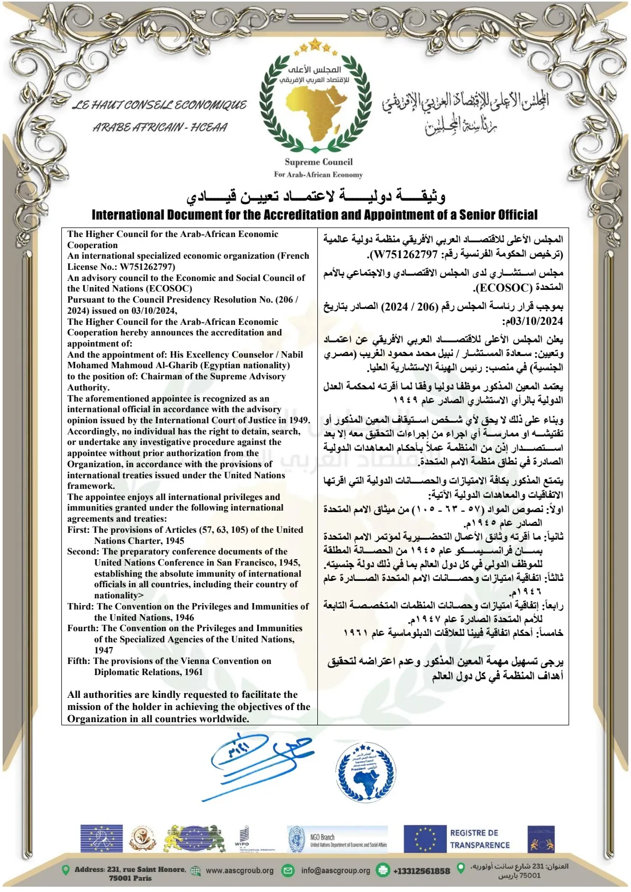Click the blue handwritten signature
click(259, 762)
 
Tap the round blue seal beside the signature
click(365, 770)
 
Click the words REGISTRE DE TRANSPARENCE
click(480, 839)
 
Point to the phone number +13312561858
click(421, 871)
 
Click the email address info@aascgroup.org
click(336, 870)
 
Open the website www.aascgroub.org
click(240, 870)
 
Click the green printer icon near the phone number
click(382, 870)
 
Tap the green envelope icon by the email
click(288, 870)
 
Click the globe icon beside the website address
click(196, 870)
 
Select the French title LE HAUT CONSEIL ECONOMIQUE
click(159, 105)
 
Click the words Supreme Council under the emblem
click(318, 162)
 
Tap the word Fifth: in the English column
click(79, 661)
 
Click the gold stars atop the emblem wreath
click(316, 46)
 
